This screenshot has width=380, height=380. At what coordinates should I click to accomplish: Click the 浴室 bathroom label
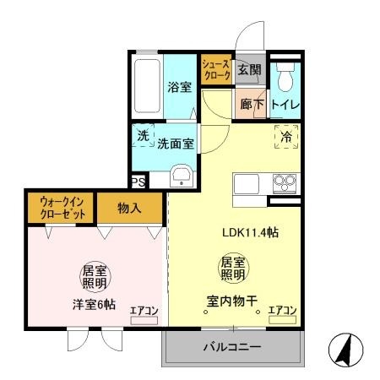pos(179,87)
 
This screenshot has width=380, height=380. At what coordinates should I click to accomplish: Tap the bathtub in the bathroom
pos(149,86)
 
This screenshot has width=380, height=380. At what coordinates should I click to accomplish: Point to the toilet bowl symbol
pos(285,79)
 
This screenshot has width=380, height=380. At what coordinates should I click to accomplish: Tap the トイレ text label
pos(286,106)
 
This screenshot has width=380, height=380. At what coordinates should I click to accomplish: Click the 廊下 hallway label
pos(252,106)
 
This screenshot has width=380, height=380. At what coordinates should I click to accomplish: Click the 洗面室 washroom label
pos(176,144)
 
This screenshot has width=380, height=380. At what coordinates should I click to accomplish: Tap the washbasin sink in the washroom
pos(181,177)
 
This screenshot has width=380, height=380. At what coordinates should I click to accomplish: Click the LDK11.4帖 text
pos(251,233)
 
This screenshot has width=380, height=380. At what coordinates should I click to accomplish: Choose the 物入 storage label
pos(129,208)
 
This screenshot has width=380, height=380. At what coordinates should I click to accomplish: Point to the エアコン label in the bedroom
pos(144,312)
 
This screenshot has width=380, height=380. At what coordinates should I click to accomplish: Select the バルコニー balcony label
pos(231,347)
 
